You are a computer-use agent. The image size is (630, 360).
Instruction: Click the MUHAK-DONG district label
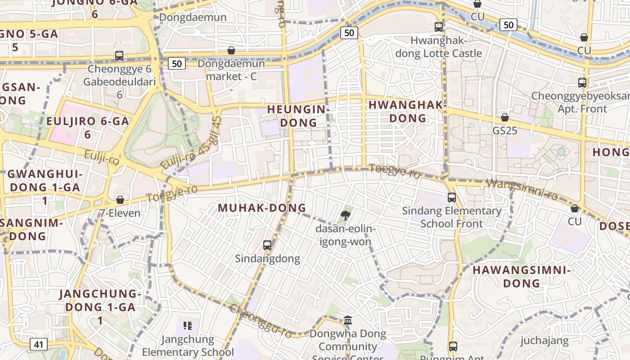tap(262, 208)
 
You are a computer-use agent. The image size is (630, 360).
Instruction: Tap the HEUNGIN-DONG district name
tap(299, 116)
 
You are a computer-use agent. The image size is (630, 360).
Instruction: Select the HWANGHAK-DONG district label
tap(407, 111)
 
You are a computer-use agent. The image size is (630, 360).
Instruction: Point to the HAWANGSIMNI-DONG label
tap(522, 277)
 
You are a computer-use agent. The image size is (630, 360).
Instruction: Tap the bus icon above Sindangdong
tap(267, 245)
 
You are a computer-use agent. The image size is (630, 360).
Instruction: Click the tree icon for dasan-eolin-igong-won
tap(346, 215)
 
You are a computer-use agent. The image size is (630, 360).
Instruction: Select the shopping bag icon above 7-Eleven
tap(120, 200)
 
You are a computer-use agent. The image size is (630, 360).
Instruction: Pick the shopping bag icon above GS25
tap(505, 117)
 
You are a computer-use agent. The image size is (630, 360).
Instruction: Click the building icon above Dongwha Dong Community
tap(348, 320)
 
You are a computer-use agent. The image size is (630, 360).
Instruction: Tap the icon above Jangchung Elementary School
tap(188, 325)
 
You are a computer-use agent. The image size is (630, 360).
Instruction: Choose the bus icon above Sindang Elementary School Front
tap(452, 198)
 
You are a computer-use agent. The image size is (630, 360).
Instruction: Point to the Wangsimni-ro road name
tap(522, 189)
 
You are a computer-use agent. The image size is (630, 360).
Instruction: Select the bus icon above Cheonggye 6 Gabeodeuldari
tap(119, 56)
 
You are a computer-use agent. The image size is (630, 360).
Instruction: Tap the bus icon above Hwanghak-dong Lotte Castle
tap(439, 27)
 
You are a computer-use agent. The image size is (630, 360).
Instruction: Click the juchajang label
tap(544, 341)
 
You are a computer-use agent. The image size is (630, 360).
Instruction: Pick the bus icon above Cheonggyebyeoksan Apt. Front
tap(582, 83)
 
